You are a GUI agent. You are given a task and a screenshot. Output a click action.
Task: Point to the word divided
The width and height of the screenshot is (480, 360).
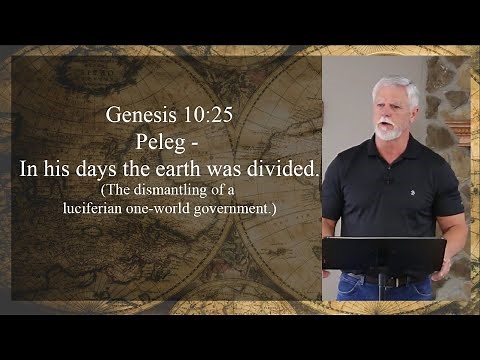tap(283, 169)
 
